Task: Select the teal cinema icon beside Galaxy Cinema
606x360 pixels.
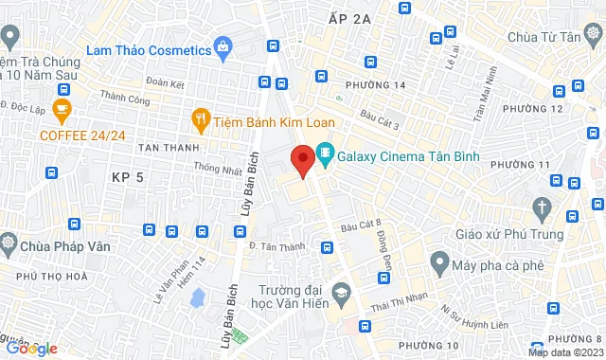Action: pos(326,152)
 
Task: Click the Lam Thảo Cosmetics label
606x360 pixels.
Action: pos(147,49)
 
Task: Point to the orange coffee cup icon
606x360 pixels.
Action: pos(62,109)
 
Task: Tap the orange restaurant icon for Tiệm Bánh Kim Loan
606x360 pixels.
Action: pos(200,118)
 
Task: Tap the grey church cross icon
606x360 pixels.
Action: pos(542,207)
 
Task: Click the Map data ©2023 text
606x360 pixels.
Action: pos(565,353)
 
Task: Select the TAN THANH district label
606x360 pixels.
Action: pos(169,148)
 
